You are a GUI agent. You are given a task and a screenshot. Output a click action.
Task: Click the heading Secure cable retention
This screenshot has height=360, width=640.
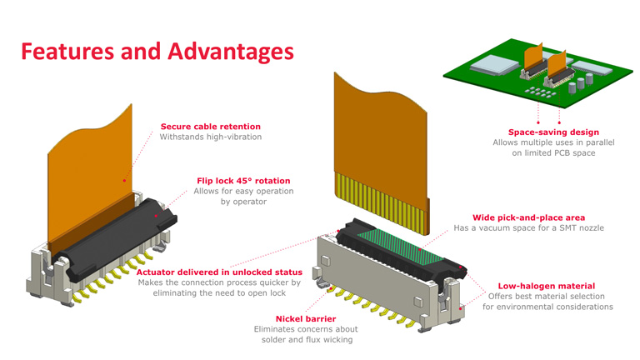click(210, 127)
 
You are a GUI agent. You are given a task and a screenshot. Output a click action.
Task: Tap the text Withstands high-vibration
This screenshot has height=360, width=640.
click(210, 137)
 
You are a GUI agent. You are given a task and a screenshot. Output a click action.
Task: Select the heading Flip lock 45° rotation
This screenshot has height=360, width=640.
click(243, 180)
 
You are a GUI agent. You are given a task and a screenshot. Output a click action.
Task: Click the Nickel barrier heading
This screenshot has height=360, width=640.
click(306, 318)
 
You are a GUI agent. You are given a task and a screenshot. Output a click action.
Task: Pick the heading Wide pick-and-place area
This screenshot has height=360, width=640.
click(522, 217)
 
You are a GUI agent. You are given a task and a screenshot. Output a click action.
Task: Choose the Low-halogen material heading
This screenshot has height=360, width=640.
click(547, 286)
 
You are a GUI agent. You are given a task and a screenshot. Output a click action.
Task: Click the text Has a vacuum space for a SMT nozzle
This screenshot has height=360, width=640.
click(528, 228)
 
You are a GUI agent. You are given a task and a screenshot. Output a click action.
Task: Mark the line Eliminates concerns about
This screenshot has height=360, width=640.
click(306, 329)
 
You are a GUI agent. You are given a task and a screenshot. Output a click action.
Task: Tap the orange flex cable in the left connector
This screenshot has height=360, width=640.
click(92, 167)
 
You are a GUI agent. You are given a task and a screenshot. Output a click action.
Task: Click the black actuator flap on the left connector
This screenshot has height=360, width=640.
click(125, 225)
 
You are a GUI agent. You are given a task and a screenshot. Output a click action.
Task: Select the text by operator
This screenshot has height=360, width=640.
click(243, 202)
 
